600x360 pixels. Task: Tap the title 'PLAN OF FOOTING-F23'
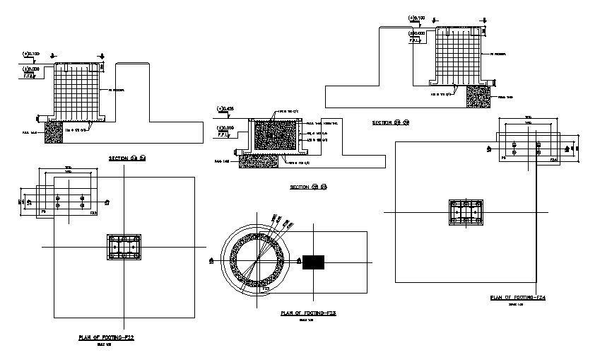pos(307,313)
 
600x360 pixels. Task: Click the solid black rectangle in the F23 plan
pos(313,262)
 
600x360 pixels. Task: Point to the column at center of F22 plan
pos(124,248)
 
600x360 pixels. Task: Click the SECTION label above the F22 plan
pos(127,157)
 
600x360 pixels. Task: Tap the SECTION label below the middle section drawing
pos(309,187)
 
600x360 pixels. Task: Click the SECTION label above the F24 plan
pos(391,122)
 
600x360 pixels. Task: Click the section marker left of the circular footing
pos(211,261)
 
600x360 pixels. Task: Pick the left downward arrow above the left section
pos(58,56)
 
